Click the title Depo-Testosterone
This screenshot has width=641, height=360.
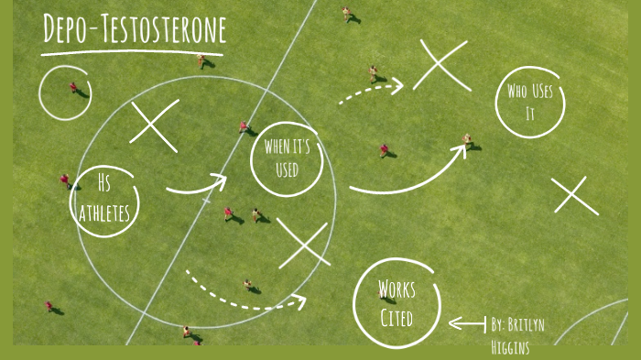click(134, 29)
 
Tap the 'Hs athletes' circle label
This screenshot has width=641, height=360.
click(105, 199)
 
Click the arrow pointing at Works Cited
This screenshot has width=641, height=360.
click(466, 323)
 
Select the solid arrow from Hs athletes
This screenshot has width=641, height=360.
click(198, 186)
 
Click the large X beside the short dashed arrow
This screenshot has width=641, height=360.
click(441, 65)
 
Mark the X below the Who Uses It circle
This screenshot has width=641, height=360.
click(575, 196)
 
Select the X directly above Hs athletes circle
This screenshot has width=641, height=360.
click(154, 125)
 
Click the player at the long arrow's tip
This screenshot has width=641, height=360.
click(468, 140)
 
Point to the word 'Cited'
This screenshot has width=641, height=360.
click(397, 318)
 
